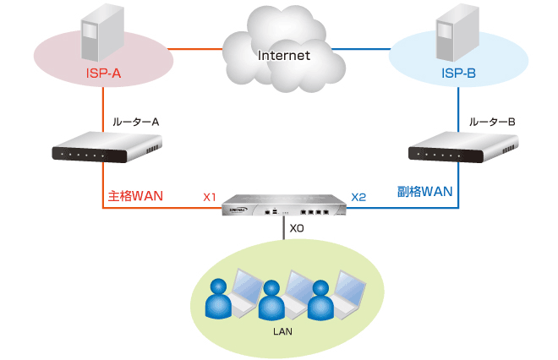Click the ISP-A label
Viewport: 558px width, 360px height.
coord(103,74)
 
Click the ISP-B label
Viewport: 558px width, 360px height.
coord(459,74)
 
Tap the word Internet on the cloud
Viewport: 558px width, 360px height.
coord(283,56)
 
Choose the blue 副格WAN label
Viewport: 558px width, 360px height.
coord(425,192)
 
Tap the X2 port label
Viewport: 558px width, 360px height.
coord(358,198)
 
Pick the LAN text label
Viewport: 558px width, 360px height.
coord(282,331)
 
